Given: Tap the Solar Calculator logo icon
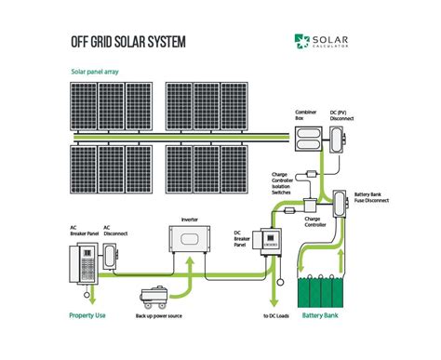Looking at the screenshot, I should [301, 40].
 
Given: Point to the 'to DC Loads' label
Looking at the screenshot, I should [275, 317].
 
